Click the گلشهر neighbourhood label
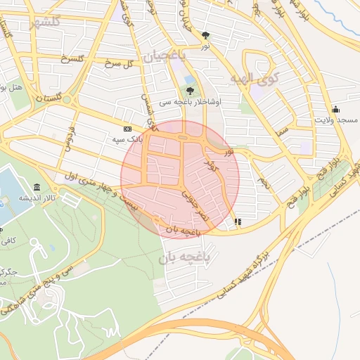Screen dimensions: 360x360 point(42,21)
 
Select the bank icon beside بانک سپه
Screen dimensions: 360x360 point(127,129)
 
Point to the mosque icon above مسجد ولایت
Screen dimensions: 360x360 point(336,109)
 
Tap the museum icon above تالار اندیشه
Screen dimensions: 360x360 point(36,187)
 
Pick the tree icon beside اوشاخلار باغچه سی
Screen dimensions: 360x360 point(190,90)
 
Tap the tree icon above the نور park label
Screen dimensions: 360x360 point(205,35)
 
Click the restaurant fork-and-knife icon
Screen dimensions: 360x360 point(238,221)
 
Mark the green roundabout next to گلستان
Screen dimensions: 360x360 point(69,99)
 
